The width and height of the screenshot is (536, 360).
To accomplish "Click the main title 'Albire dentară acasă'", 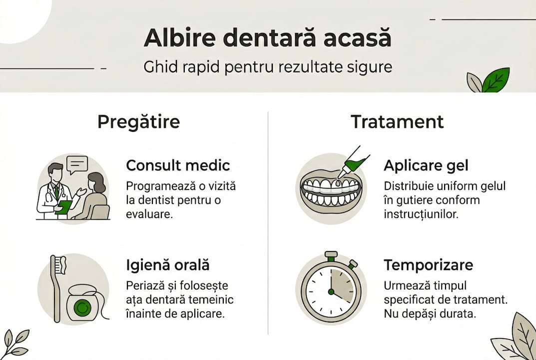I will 267,38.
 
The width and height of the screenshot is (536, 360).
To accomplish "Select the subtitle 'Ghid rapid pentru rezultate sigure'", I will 267,67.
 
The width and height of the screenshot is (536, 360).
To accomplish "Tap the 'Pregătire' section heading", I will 138,121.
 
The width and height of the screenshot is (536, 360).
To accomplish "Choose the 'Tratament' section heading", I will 397,121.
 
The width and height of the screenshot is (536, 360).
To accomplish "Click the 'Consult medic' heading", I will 178,165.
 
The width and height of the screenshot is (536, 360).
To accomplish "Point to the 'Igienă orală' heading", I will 167,265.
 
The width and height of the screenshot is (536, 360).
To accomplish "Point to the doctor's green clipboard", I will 63,206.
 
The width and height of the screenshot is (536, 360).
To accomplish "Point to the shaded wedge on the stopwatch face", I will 342,284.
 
